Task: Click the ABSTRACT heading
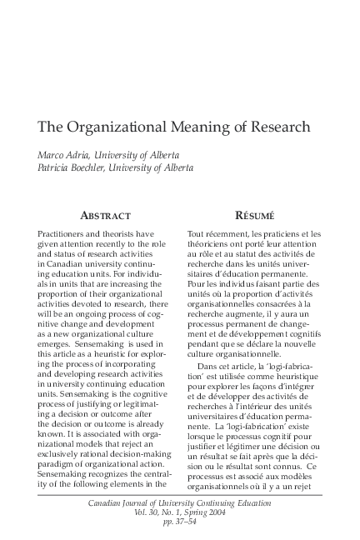[x=98, y=215]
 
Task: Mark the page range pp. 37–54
[x=179, y=524]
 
